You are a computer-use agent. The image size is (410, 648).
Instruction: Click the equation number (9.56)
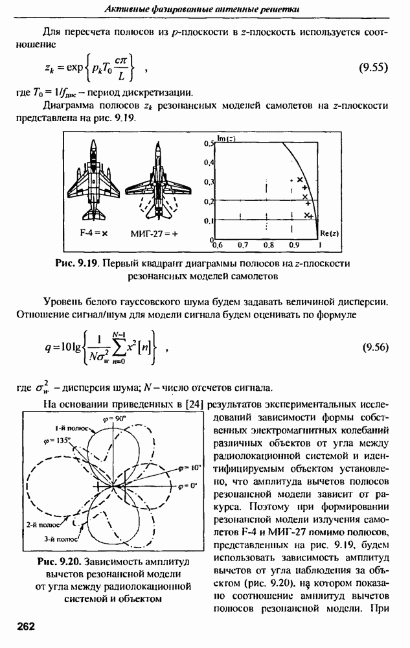pos(373,346)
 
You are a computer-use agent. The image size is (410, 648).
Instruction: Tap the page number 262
pos(26,626)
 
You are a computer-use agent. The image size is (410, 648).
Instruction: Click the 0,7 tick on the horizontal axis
pos(243,246)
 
